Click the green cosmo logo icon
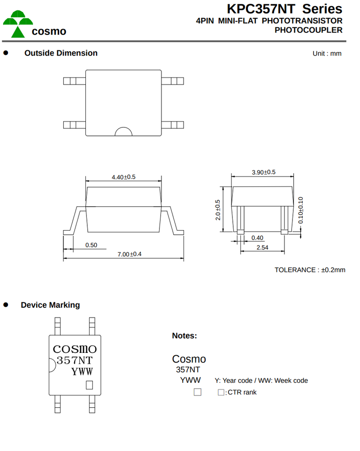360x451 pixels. (x=18, y=24)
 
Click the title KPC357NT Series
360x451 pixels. (x=284, y=8)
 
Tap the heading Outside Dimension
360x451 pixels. (x=61, y=53)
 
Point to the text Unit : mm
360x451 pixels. (x=327, y=54)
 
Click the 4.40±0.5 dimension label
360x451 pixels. (x=123, y=177)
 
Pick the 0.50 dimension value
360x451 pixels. (x=91, y=245)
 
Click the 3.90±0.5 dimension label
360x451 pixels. (x=263, y=172)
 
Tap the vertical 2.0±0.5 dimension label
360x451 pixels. (x=217, y=210)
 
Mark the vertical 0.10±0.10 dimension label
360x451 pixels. (x=300, y=210)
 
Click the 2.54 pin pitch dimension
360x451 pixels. (x=262, y=248)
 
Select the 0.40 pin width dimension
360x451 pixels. (x=257, y=238)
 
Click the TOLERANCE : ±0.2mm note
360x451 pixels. (x=310, y=270)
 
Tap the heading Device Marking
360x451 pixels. (x=50, y=305)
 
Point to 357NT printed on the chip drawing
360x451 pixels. (x=75, y=360)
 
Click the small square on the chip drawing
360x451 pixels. (x=89, y=385)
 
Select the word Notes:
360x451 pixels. (x=184, y=335)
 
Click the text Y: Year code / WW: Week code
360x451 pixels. (x=261, y=381)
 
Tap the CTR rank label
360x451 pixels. (x=242, y=392)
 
